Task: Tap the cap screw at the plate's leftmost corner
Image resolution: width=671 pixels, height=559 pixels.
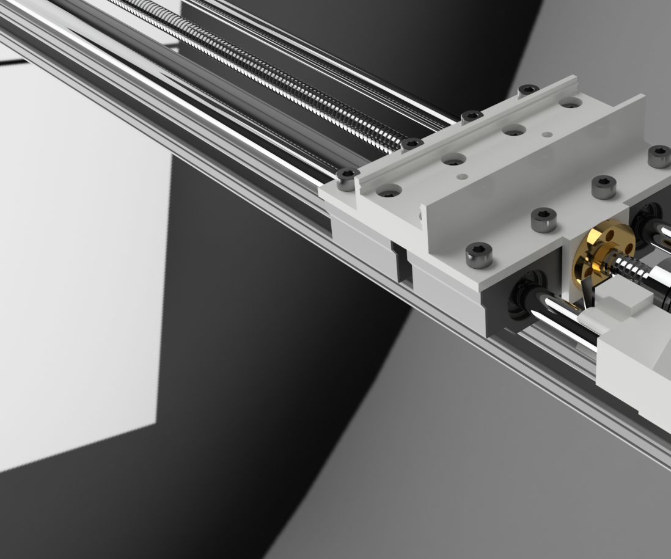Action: coord(347,179)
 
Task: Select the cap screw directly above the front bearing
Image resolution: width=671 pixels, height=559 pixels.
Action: coord(479,255)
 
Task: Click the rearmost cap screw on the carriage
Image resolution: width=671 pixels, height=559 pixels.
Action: coord(528,90)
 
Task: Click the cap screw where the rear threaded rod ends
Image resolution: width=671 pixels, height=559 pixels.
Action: coord(411,145)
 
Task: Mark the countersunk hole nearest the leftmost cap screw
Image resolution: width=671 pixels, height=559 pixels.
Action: coord(389,192)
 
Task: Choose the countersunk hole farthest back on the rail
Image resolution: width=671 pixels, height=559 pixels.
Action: coord(570,103)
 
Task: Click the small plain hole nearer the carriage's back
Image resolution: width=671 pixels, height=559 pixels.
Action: coord(547,134)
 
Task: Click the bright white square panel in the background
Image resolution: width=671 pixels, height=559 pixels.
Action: coord(79,275)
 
